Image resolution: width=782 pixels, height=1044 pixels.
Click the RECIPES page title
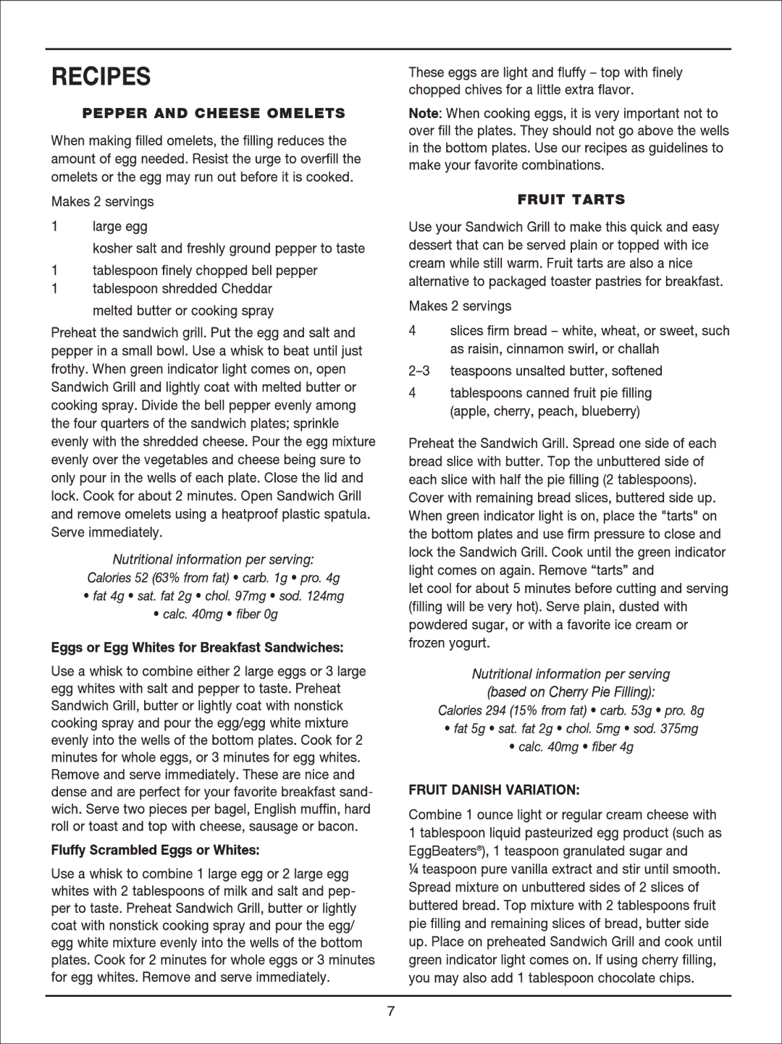point(101,77)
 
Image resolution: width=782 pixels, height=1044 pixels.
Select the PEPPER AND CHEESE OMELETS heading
point(214,113)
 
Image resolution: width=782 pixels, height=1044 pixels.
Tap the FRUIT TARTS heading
point(571,199)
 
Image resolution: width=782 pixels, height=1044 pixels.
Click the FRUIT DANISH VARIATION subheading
point(494,790)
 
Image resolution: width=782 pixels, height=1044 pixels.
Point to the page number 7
point(391,1011)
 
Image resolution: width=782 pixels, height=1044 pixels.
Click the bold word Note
point(424,114)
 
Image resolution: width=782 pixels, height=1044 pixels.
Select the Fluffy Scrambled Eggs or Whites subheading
point(155,850)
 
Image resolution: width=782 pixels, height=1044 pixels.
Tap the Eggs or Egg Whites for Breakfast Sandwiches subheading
point(197,647)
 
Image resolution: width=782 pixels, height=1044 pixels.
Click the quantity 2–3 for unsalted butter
point(419,371)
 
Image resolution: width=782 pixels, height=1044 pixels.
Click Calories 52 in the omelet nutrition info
point(117,578)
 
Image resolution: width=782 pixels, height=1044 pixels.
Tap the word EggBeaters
point(442,851)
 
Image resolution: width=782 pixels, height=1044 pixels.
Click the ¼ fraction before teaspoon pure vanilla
point(413,870)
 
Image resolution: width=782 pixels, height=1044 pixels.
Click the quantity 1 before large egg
point(54,227)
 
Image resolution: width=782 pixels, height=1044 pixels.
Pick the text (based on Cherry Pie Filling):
point(571,692)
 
